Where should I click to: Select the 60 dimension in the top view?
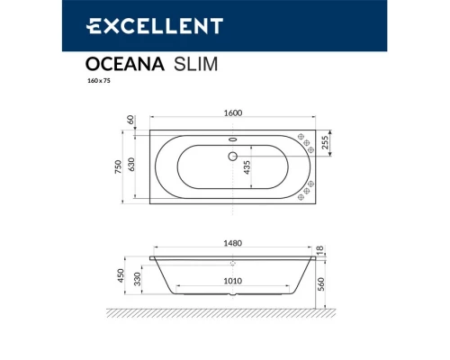[x=131, y=120]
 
